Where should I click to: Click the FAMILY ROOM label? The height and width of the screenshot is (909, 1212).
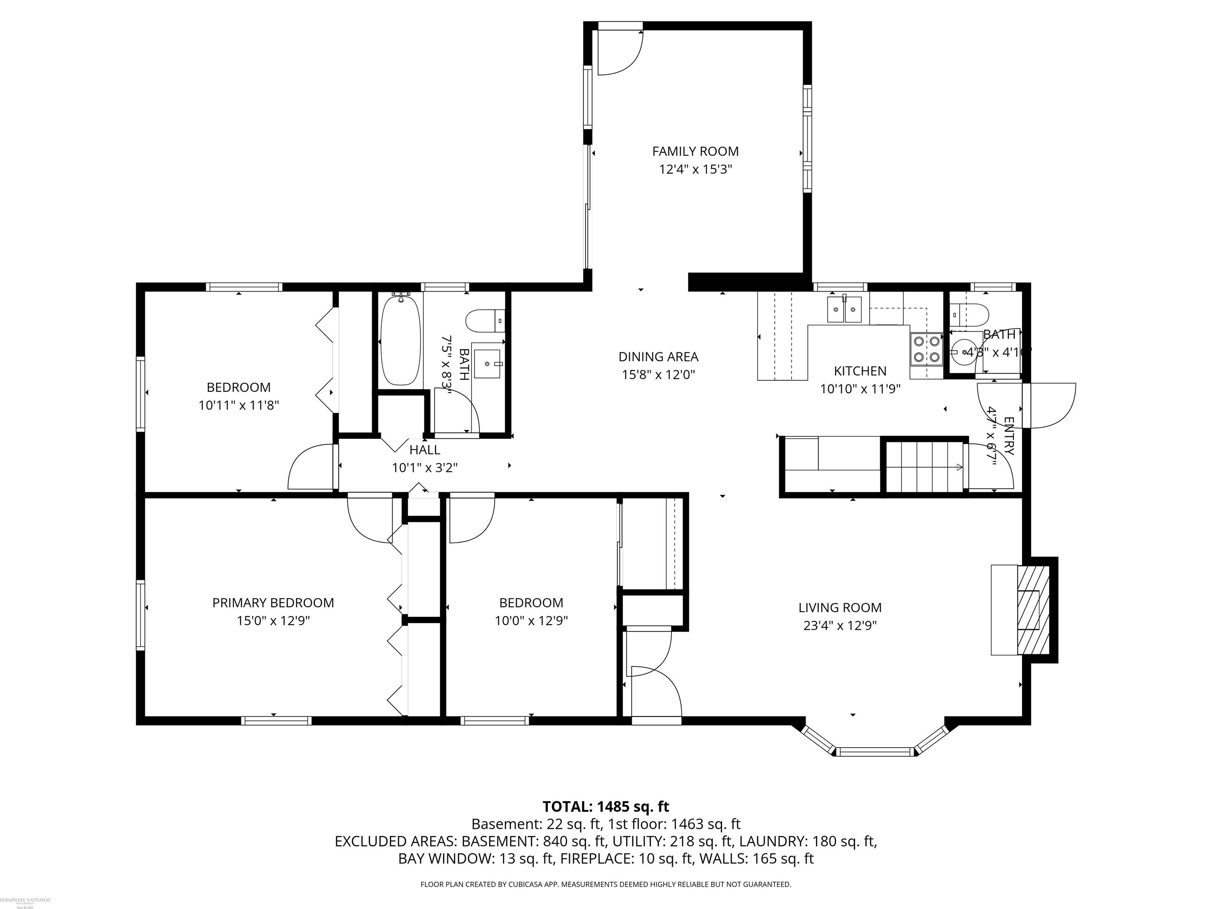click(x=695, y=151)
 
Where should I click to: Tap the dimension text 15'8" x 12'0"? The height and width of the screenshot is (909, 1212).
click(x=658, y=375)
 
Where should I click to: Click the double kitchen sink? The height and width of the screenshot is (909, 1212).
click(x=844, y=310)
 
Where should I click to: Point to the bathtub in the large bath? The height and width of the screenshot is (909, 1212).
click(x=400, y=340)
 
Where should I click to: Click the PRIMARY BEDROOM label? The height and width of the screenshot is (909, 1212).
click(x=273, y=603)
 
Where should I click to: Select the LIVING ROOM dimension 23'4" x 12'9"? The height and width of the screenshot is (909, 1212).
click(x=840, y=625)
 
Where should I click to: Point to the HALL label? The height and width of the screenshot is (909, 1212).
click(x=425, y=450)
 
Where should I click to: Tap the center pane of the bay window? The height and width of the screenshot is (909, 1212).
click(x=875, y=752)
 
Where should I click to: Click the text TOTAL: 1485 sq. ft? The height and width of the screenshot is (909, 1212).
click(x=606, y=806)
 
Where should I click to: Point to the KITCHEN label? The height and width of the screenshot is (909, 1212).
click(x=860, y=371)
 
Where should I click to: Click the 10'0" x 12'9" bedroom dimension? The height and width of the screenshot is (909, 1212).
click(x=531, y=621)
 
